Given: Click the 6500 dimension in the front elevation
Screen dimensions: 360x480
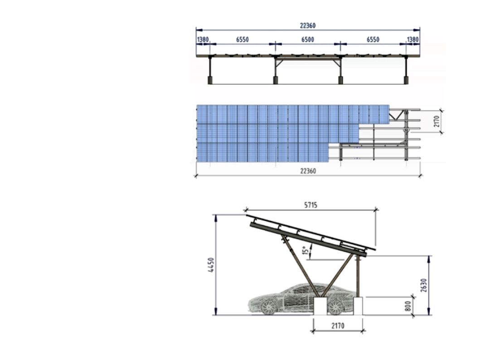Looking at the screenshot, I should click(x=308, y=40).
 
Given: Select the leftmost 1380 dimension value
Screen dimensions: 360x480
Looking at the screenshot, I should click(x=203, y=40).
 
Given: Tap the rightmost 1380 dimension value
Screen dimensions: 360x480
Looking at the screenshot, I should click(x=412, y=40).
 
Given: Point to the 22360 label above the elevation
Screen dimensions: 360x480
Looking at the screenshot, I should click(x=308, y=26).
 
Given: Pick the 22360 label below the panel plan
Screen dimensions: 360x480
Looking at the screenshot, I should click(x=308, y=171).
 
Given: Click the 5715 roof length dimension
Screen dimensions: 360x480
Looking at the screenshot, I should click(x=310, y=205).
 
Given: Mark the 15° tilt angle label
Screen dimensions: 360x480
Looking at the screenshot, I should click(x=306, y=250).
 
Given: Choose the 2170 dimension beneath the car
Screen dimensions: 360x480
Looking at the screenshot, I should click(x=337, y=325).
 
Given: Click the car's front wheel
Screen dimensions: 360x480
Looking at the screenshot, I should click(x=269, y=307).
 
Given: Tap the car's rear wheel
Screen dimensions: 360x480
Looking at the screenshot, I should click(x=335, y=307).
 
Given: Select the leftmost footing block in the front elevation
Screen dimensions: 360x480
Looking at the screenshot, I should click(x=210, y=80).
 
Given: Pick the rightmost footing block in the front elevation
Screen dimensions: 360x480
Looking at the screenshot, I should click(x=406, y=80).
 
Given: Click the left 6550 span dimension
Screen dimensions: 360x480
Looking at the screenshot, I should click(x=242, y=40).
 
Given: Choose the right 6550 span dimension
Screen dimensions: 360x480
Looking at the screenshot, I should click(x=373, y=40).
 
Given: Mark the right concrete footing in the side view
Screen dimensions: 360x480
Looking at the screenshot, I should click(x=358, y=306).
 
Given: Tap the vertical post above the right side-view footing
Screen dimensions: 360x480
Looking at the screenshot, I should click(x=358, y=277).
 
